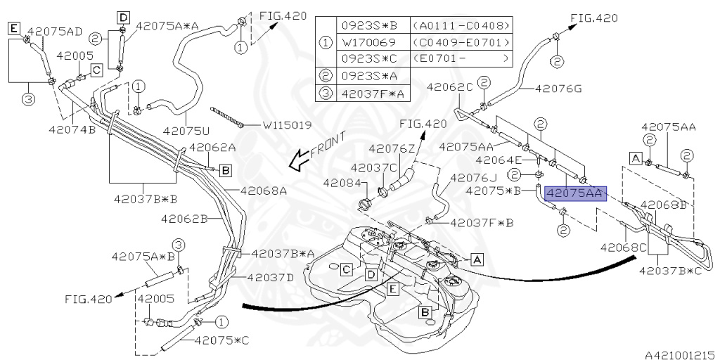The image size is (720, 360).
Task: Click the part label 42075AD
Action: click(56, 31)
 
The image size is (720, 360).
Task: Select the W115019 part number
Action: click(288, 127)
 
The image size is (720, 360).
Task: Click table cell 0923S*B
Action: click(369, 25)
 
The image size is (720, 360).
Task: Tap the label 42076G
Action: click(559, 89)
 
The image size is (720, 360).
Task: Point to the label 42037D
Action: click(271, 277)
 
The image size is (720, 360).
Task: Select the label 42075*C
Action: click(222, 340)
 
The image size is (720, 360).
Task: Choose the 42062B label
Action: click(184, 219)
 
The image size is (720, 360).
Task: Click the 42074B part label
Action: click(72, 129)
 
